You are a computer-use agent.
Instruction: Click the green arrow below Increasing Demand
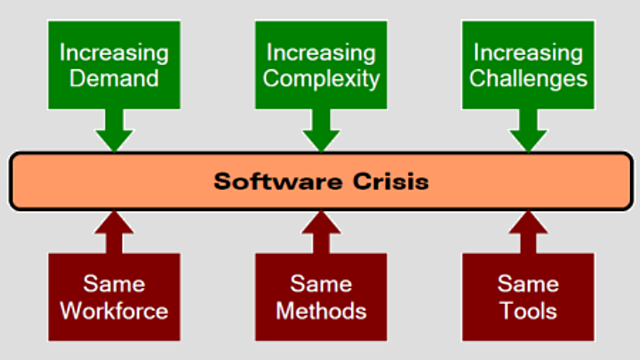coord(113,129)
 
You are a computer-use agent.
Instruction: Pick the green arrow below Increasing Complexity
coord(320,129)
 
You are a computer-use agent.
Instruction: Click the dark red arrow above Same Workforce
coord(113,232)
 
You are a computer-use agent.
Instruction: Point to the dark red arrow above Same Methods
coord(320,232)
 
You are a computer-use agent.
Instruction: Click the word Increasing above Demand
coord(113,50)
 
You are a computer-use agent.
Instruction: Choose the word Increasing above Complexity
coord(320,50)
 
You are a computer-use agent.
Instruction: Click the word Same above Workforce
coord(113,284)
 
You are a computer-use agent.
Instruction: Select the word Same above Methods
coord(320,284)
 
